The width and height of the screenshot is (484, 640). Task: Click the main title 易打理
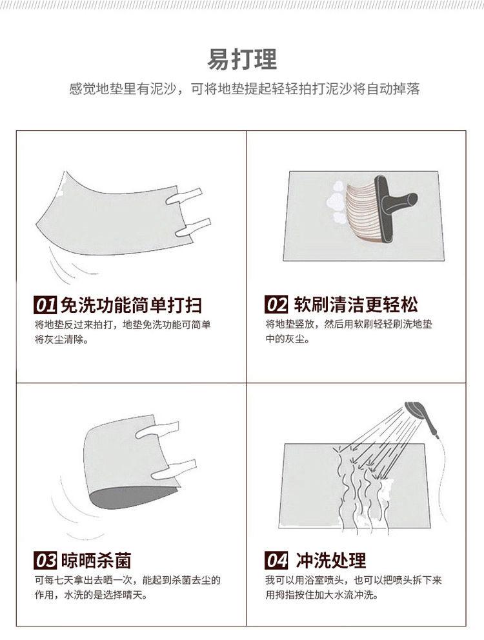pyautogui.click(x=241, y=59)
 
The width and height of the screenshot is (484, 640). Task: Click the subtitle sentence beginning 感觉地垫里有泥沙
pyautogui.click(x=244, y=88)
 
